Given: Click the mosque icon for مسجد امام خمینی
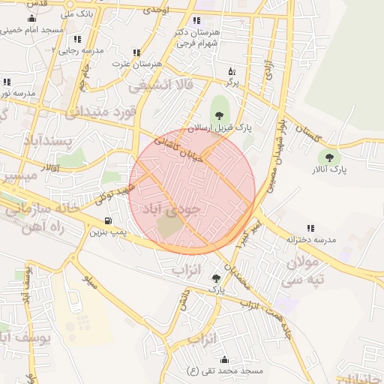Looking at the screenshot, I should tap(31, 19).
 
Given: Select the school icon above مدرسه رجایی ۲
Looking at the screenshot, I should tap(77, 38).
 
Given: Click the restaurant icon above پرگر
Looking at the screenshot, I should tap(232, 71).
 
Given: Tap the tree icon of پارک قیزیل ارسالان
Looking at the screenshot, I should tap(219, 115).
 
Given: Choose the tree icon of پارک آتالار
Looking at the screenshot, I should tap(328, 157).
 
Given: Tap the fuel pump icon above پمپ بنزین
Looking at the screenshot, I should tap(109, 221).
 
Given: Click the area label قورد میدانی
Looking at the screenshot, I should tap(101, 113).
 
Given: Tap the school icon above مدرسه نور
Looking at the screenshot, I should tap(7, 82).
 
